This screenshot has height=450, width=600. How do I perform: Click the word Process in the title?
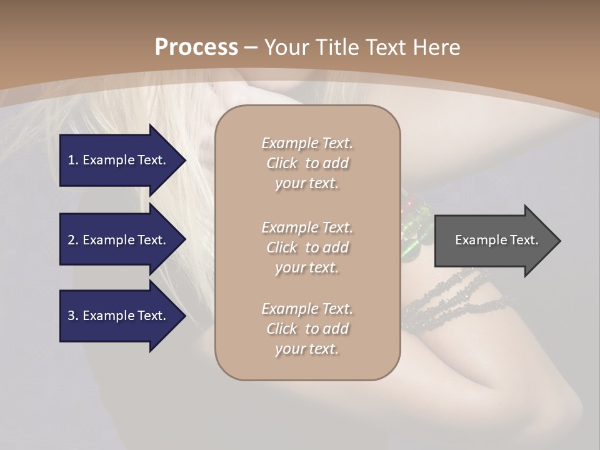click(x=196, y=47)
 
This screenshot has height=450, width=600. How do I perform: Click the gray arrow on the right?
click(x=494, y=240)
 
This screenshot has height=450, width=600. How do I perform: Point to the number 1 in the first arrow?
click(x=71, y=160)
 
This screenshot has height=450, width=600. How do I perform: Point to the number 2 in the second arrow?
click(x=71, y=240)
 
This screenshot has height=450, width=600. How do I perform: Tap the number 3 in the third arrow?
click(x=71, y=316)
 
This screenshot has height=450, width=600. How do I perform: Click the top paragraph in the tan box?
click(x=307, y=163)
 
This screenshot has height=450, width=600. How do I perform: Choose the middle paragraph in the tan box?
click(x=307, y=247)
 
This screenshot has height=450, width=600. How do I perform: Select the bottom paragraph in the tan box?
click(x=307, y=329)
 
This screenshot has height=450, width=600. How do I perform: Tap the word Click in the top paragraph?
click(x=282, y=163)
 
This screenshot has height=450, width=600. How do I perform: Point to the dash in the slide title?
click(x=251, y=47)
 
